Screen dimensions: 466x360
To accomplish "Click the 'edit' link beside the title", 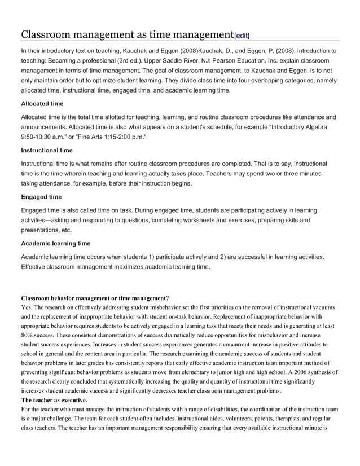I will (x=241, y=36).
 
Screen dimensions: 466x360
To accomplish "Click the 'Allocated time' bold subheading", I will (x=42, y=104).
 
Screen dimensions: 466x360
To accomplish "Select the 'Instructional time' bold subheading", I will (x=46, y=150).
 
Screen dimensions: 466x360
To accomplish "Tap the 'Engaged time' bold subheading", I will (x=41, y=197).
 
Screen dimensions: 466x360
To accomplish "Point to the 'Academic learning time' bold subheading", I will (x=55, y=244).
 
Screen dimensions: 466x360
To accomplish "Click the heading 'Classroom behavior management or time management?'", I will (x=95, y=298).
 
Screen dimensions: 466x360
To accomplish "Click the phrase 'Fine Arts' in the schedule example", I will (x=91, y=137).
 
